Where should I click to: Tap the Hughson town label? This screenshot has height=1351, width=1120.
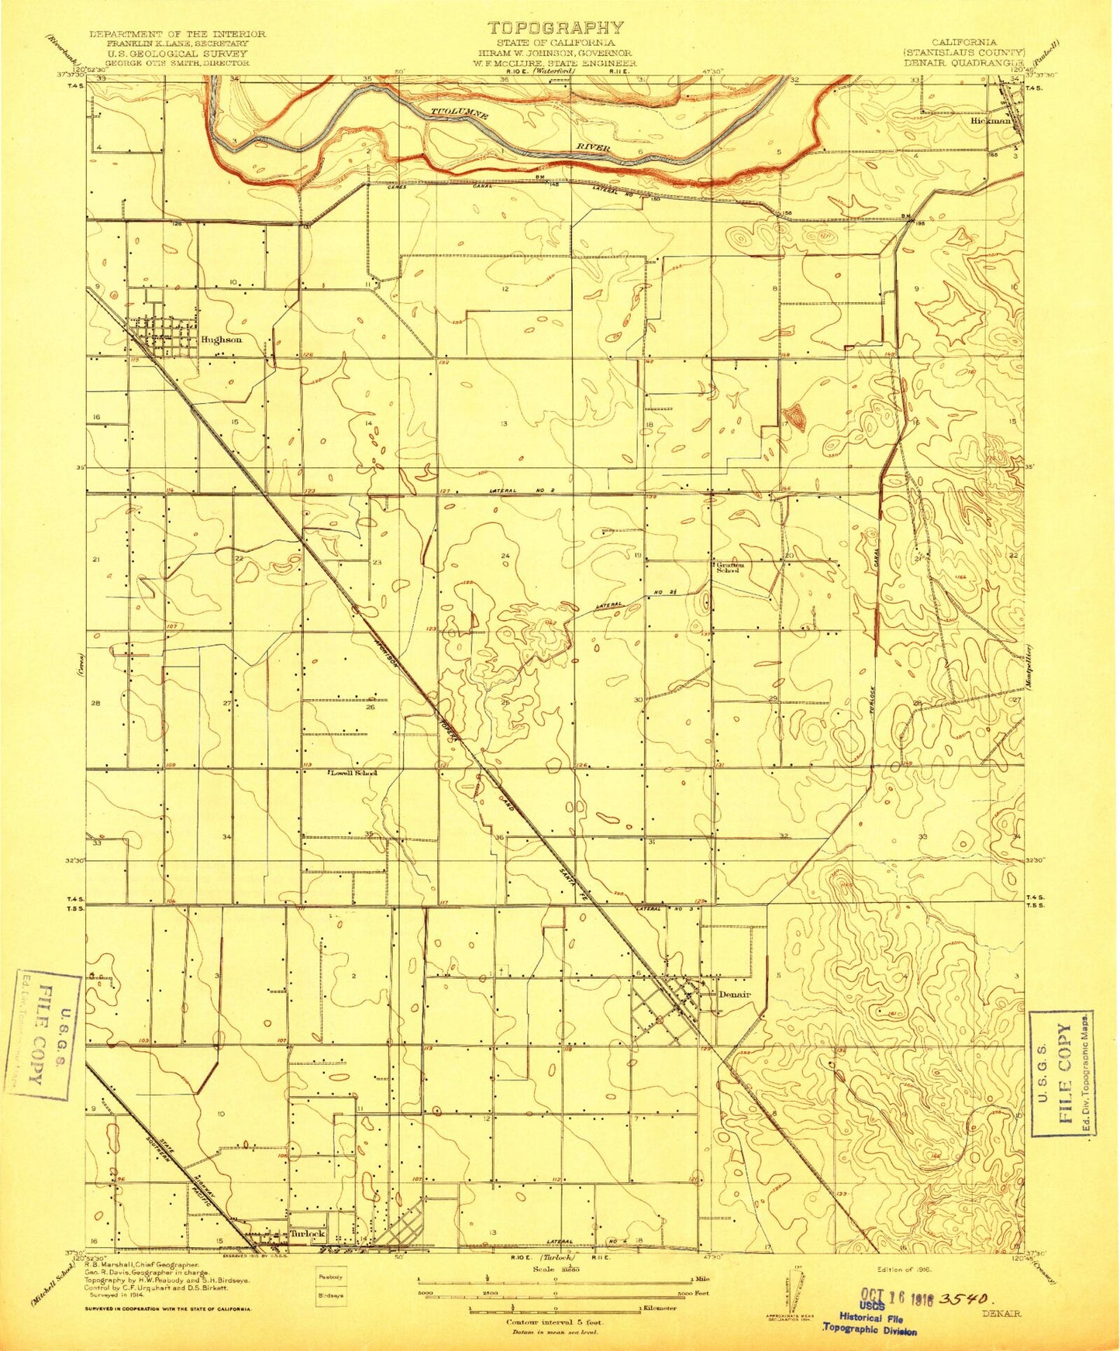coord(222,339)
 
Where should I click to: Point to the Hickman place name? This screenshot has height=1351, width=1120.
coord(990,122)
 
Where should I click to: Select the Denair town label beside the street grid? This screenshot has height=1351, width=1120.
coord(736,994)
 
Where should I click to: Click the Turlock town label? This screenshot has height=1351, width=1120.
coord(307,1233)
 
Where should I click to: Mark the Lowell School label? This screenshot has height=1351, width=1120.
coord(353,773)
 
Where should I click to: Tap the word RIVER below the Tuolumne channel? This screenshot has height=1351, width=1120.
coord(592,147)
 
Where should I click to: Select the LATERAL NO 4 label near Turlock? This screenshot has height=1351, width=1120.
coord(591,1264)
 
